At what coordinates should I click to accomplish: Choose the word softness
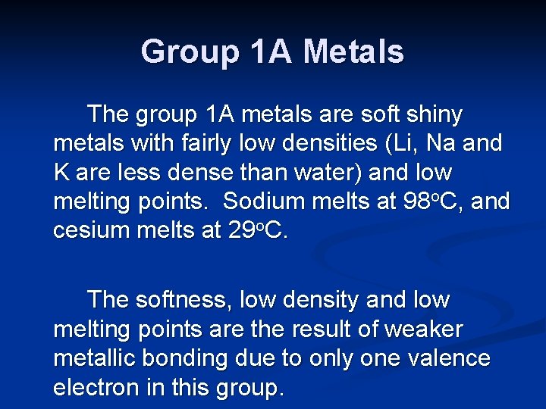tap(182, 301)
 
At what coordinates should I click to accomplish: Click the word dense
tap(225, 173)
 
